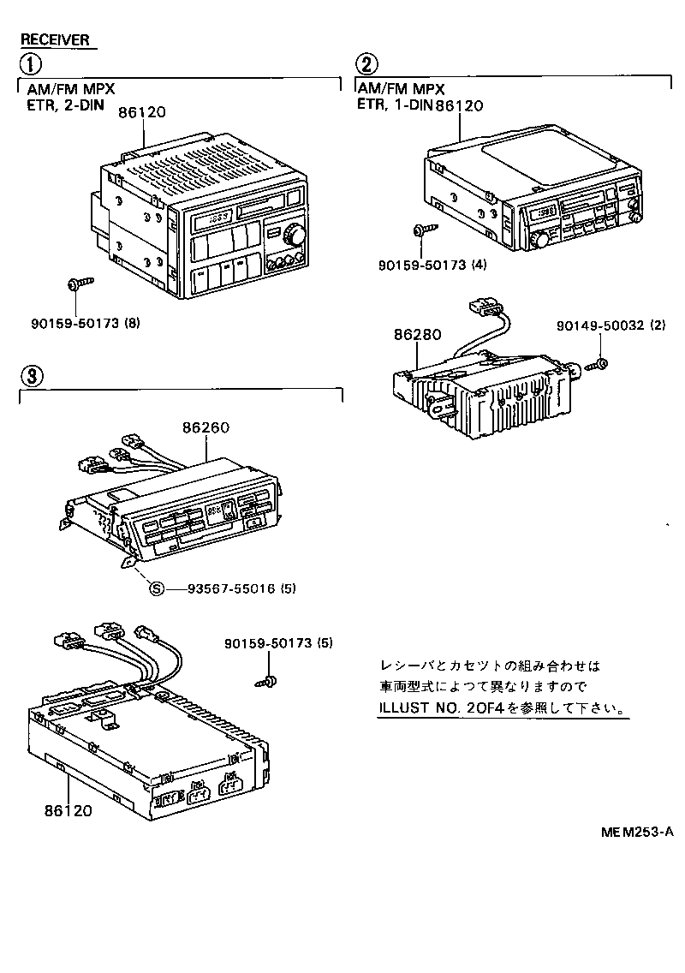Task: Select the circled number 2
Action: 366,65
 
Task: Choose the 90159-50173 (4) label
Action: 431,265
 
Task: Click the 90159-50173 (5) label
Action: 278,642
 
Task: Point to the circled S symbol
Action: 156,588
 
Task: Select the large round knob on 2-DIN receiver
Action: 295,233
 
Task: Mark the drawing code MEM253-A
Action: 636,831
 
